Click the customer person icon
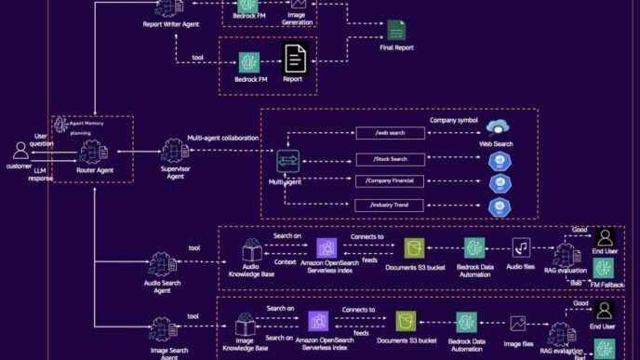point(20,150)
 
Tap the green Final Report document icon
point(397,30)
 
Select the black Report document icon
point(295,61)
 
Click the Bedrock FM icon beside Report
point(248,61)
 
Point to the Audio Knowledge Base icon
point(251,248)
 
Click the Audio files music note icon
point(521,247)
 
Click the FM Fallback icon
point(605,268)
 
